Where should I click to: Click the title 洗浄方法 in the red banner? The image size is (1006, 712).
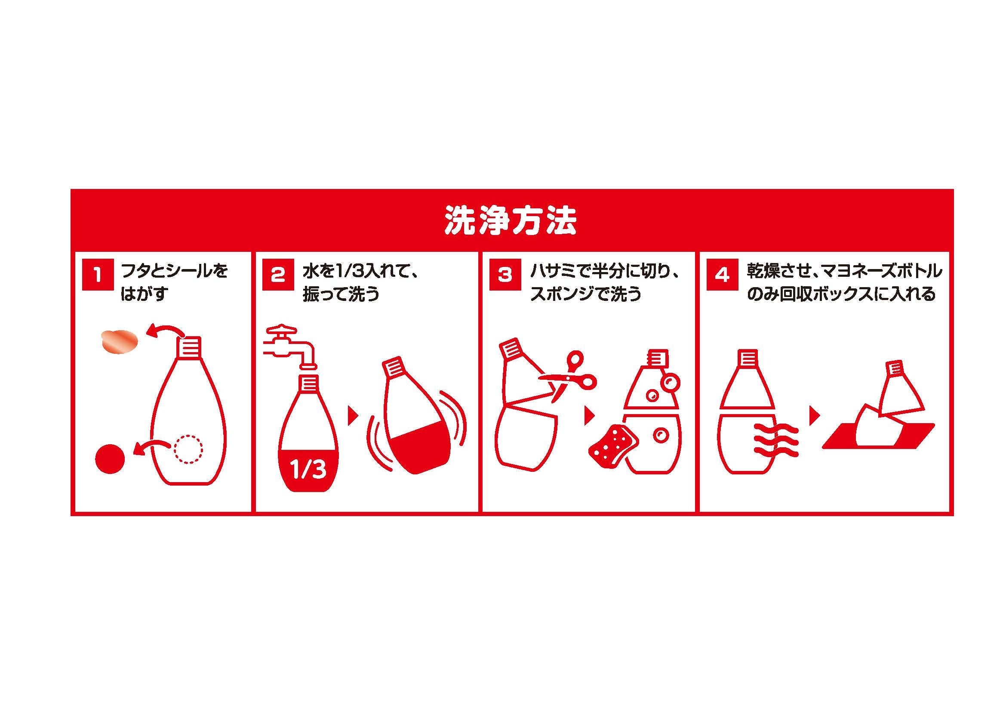[x=511, y=224]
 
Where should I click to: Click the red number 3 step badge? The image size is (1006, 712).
[x=505, y=276]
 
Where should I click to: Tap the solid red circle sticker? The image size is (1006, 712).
[x=111, y=458]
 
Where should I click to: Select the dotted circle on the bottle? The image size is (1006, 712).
[x=188, y=449]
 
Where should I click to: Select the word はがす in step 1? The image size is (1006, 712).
[x=145, y=294]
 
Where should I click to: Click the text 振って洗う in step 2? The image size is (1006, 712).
[x=341, y=294]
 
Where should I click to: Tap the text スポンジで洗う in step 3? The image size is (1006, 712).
[x=585, y=294]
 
